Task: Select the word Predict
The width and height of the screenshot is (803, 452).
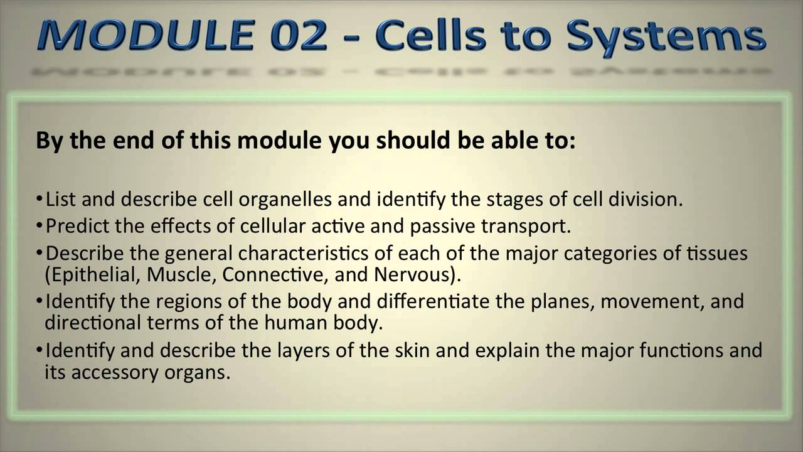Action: click(x=77, y=226)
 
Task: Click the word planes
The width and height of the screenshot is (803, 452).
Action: click(x=564, y=301)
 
